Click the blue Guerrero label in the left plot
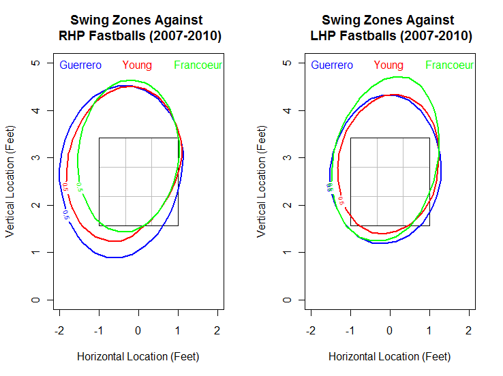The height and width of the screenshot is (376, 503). coord(80,65)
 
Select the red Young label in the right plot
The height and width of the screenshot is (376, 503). coord(388,65)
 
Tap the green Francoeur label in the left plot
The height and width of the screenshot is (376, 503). coord(198,65)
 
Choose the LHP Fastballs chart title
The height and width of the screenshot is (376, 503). coord(388,28)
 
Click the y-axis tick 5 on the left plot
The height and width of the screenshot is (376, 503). coord(35,63)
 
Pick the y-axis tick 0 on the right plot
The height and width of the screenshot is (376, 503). coord(287,300)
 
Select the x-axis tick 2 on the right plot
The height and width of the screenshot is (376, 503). coord(468,330)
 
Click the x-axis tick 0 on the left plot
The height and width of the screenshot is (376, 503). coord(138,330)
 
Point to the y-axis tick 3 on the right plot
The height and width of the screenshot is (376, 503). coord(287,157)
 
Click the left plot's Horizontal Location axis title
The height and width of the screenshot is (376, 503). coord(138,356)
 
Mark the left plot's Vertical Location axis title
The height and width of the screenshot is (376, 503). coord(10,181)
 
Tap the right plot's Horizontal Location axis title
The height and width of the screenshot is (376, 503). coord(389,356)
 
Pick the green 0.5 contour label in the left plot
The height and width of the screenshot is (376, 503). coord(81,187)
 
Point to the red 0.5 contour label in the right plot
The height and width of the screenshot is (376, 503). coord(341,201)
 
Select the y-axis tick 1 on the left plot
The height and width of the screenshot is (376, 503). coord(35,253)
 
